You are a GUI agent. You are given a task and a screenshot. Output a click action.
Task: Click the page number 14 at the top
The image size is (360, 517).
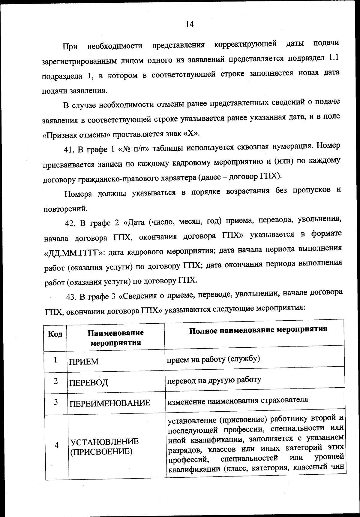click(190, 24)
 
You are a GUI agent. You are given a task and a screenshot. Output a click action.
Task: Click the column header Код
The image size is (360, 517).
click(55, 334)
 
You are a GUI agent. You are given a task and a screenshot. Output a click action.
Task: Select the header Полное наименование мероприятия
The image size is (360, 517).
click(258, 329)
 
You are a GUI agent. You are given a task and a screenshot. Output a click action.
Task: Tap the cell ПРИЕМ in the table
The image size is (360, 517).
click(84, 361)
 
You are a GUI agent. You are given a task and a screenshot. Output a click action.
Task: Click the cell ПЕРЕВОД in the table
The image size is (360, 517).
click(88, 382)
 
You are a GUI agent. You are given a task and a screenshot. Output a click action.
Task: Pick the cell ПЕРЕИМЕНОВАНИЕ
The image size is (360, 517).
click(110, 403)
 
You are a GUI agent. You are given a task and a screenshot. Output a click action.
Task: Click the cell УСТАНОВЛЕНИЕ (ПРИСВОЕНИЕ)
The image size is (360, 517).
click(104, 446)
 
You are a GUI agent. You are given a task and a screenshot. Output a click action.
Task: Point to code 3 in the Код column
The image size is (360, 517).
click(56, 402)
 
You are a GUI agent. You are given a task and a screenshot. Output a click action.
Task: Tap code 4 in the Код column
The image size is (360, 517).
click(56, 445)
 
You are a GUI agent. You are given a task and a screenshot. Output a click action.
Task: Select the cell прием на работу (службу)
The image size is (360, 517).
click(213, 359)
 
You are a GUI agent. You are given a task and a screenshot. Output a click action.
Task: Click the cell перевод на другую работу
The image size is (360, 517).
click(214, 380)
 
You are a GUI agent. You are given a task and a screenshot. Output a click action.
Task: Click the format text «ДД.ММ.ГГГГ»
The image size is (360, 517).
click(74, 252)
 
